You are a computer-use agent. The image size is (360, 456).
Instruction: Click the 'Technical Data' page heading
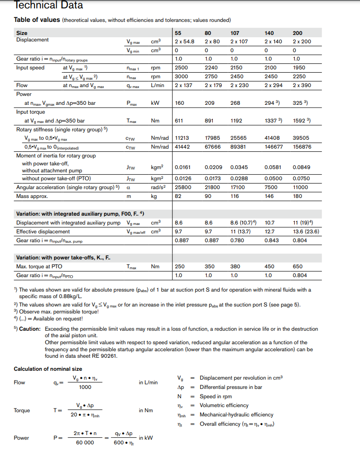coord(48,6)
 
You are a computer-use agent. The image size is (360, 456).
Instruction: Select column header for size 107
coord(235,33)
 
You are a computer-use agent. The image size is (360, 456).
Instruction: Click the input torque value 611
coord(179,121)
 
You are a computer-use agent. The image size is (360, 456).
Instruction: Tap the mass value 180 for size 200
coord(297,197)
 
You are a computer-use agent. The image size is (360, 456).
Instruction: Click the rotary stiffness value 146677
coord(273,147)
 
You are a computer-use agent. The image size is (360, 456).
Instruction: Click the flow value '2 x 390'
coord(302,86)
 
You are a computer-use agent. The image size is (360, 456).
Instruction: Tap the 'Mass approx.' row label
coord(32,197)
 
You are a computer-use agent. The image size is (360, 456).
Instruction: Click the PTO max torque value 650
coord(297,266)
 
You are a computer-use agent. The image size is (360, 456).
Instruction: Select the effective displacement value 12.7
coord(270,231)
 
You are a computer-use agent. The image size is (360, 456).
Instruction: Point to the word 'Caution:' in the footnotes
coord(29,328)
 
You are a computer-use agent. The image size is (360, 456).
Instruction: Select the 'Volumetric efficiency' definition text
coord(224,405)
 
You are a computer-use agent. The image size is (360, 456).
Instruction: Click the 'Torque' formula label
coord(22,410)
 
